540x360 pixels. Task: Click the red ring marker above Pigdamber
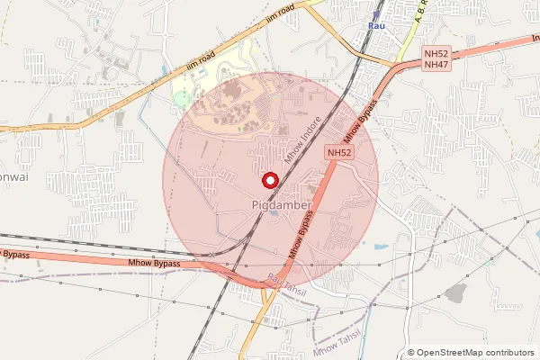point(269,179)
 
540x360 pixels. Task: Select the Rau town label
point(377,27)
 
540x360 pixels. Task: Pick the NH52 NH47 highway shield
point(436,59)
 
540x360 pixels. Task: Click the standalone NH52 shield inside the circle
point(339,153)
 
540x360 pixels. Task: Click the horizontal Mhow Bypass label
point(154,264)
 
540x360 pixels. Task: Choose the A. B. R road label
point(418,12)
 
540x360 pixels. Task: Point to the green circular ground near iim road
point(183,98)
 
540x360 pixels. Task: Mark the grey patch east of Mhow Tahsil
point(457,292)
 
